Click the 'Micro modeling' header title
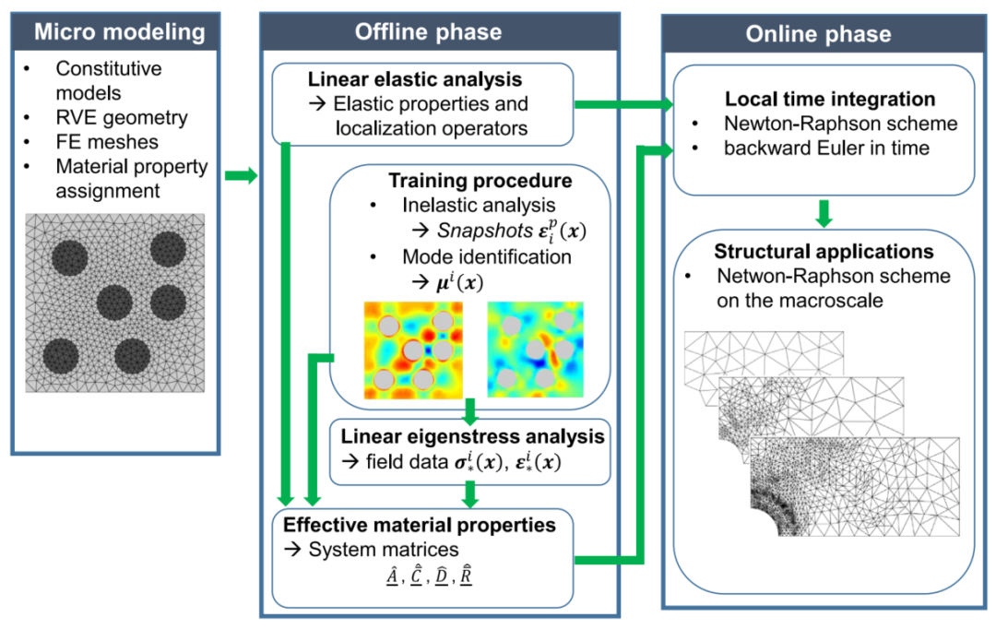point(119,31)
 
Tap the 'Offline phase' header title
point(428,31)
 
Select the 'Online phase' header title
point(818,34)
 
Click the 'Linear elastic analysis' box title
point(415,79)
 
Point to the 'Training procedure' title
point(480,181)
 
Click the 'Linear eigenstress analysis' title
point(472,436)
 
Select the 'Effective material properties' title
point(420,525)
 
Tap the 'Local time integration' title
point(830,99)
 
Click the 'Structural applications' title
point(824,252)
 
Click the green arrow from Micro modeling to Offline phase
point(242,175)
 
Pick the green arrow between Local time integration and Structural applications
point(824,213)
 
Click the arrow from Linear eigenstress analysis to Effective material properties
point(470,494)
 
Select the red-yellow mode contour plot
point(413,350)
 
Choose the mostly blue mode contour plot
point(536,350)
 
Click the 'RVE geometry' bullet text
point(122,117)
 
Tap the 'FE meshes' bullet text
point(107,142)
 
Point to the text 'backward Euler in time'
point(826,148)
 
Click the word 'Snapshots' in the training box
point(485,230)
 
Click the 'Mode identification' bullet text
point(487,256)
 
